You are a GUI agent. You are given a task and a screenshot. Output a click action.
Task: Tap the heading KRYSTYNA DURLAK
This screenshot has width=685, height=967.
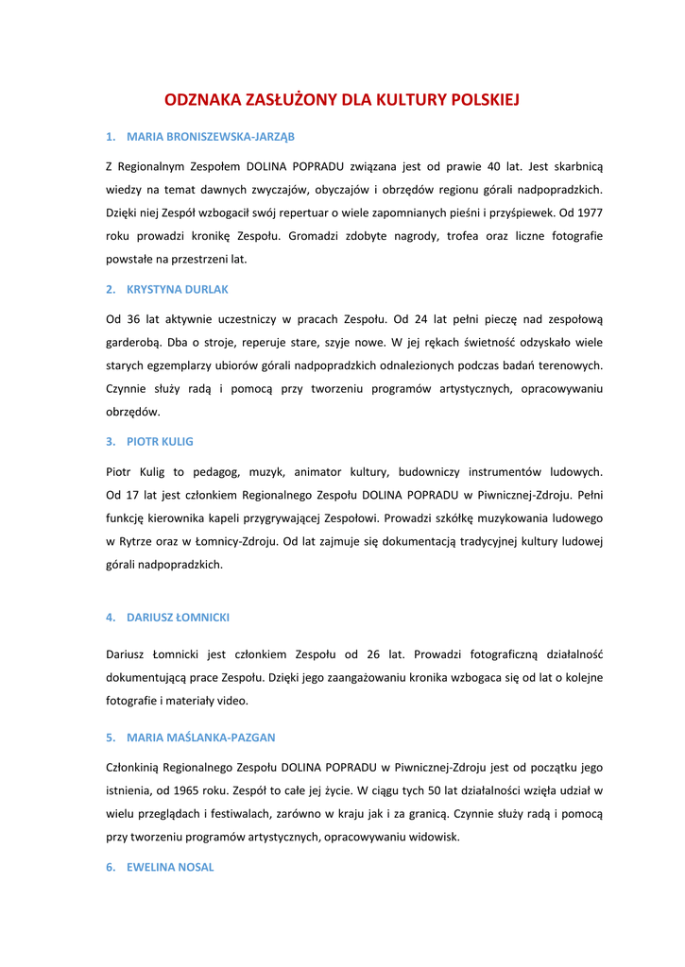click(x=178, y=289)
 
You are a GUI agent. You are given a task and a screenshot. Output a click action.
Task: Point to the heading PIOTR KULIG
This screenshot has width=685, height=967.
click(x=160, y=441)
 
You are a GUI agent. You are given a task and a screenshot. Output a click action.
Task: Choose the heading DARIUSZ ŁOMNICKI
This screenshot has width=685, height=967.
click(x=178, y=617)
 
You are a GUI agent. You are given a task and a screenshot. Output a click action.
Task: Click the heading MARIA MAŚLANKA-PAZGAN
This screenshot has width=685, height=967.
click(x=201, y=737)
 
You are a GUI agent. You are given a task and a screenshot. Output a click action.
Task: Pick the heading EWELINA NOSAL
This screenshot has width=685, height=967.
click(x=170, y=867)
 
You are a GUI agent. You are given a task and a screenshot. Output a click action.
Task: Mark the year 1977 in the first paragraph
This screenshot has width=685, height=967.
click(x=591, y=212)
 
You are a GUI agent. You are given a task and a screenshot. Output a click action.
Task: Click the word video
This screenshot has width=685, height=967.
click(x=233, y=701)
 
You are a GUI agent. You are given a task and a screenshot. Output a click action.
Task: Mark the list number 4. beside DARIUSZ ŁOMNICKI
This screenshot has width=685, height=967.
click(x=111, y=617)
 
